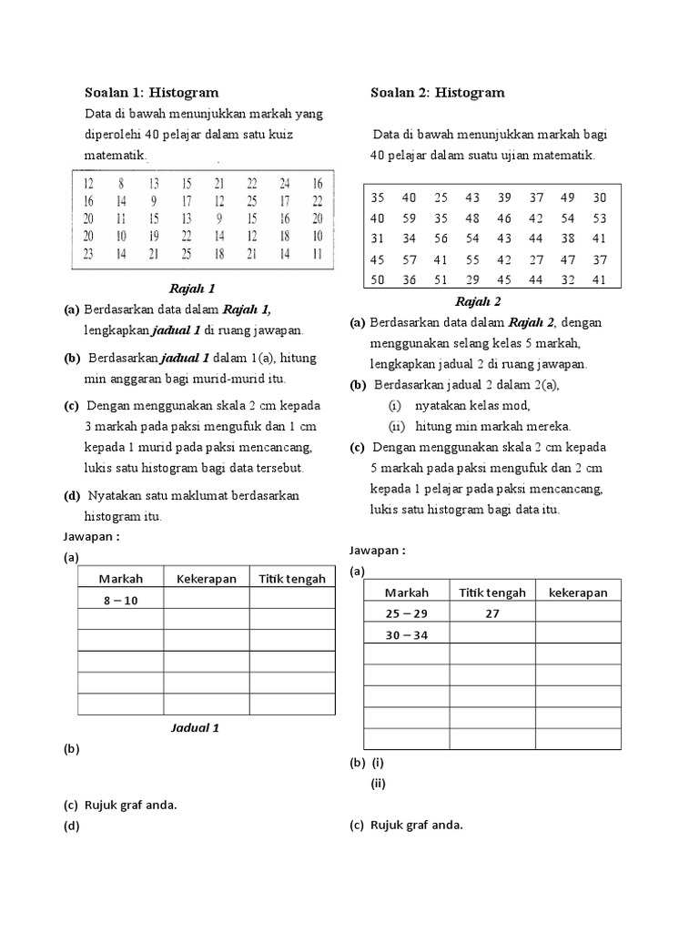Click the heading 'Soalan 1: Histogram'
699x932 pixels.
(x=151, y=92)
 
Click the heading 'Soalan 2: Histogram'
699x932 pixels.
(x=437, y=92)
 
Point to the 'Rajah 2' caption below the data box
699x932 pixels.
(x=479, y=301)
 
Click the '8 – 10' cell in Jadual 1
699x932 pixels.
(x=120, y=600)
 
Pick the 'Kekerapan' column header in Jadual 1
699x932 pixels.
(x=207, y=578)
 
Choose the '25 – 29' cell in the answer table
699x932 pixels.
(x=407, y=613)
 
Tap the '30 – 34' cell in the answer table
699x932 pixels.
(x=407, y=634)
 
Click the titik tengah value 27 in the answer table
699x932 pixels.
(x=492, y=613)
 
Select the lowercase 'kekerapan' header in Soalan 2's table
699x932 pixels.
(x=578, y=593)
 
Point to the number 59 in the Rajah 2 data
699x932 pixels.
(x=409, y=218)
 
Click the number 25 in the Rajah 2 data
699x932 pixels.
(x=441, y=198)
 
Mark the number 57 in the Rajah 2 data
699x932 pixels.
(x=409, y=259)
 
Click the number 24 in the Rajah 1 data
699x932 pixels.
(x=285, y=183)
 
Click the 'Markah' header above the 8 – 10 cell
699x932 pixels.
(x=120, y=578)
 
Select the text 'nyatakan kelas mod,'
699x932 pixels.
(x=471, y=405)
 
